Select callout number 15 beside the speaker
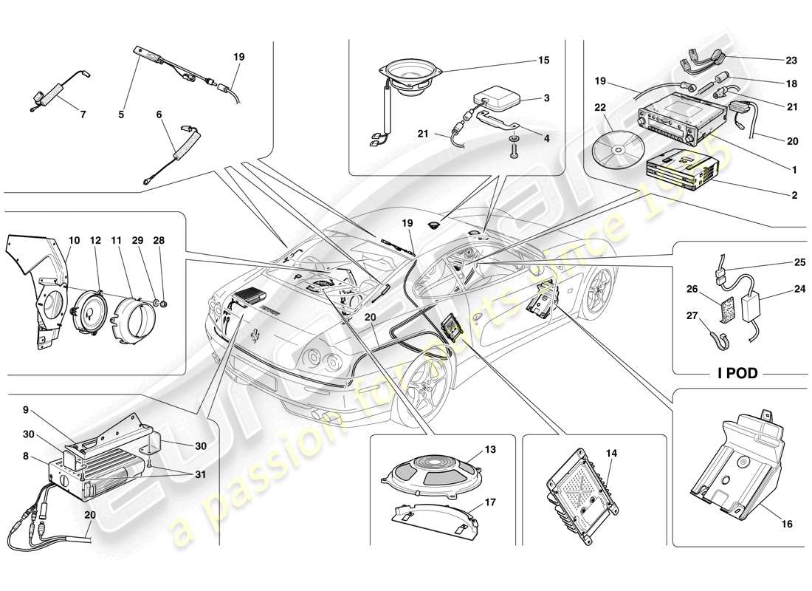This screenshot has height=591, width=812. coord(543,60)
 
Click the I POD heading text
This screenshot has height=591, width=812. coord(737,373)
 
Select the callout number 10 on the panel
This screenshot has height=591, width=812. coord(75,241)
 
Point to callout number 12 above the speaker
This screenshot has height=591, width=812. coord(95,241)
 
